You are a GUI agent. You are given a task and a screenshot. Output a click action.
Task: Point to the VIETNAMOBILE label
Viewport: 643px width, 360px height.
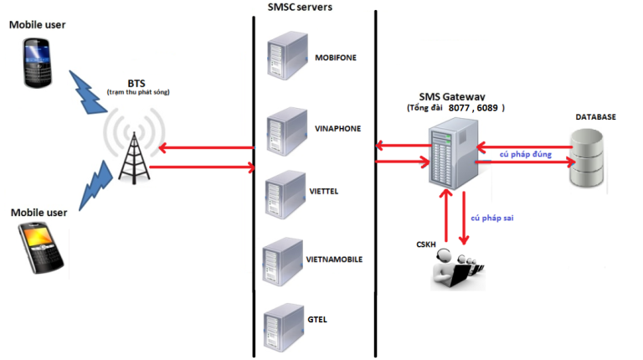coord(335,260)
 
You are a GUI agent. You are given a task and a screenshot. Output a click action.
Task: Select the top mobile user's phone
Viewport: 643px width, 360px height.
coord(39,64)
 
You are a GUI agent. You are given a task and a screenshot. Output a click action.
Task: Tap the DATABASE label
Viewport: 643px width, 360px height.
coord(595,117)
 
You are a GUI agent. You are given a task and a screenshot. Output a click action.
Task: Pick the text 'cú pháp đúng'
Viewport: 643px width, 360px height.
coord(525,155)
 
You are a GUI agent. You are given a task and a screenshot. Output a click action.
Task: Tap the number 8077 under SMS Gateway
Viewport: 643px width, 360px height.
coord(460,109)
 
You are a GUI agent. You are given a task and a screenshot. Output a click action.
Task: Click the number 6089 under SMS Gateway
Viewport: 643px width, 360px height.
coord(490,109)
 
